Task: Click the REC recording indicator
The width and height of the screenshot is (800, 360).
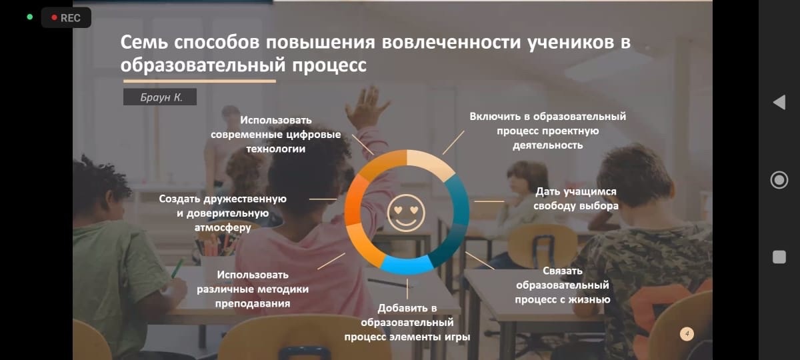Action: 65,18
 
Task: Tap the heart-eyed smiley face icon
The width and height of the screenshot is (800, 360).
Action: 406,213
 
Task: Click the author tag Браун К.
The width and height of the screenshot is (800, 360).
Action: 160,97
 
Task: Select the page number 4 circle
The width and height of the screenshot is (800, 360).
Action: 687,333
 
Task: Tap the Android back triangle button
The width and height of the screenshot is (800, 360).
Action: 779,103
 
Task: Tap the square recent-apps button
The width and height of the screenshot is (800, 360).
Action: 779,257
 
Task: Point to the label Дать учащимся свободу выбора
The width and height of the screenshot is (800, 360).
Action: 576,199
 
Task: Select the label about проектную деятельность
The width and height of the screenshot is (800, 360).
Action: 548,131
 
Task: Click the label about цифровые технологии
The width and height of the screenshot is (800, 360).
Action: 276,135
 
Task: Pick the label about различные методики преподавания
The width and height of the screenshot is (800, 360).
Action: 253,289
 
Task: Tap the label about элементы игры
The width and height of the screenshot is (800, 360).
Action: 407,322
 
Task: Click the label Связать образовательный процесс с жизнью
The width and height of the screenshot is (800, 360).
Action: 562,285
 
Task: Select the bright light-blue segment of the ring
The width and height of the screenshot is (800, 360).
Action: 406,264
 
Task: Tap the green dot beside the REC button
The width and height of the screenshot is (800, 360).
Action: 29,17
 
